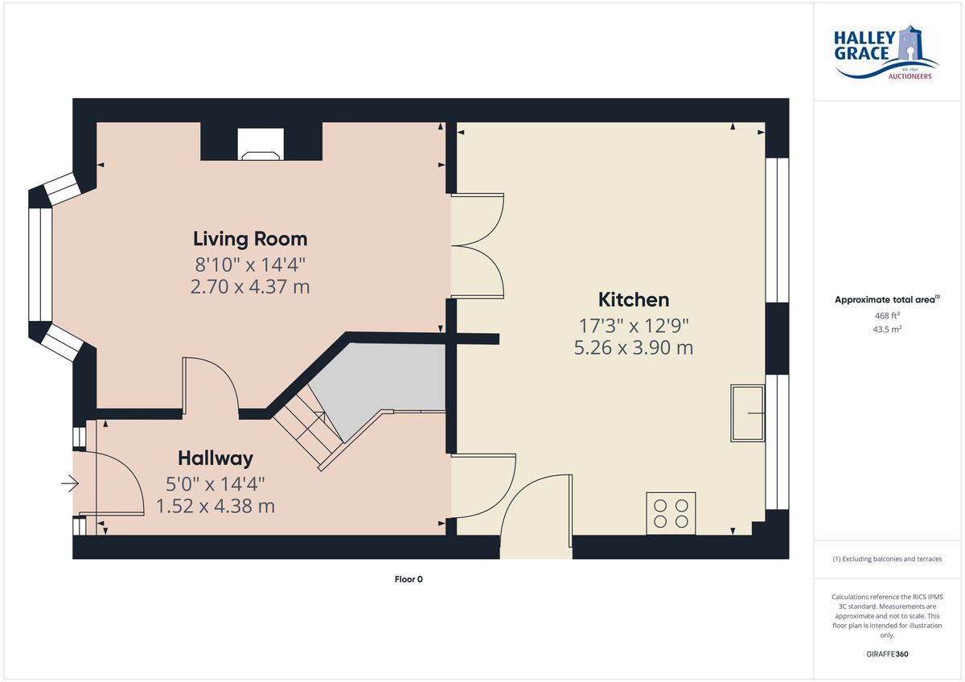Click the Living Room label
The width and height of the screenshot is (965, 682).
250,239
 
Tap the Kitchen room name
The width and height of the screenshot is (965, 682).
634,300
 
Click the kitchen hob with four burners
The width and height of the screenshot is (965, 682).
671,514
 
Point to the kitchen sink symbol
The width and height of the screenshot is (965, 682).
748,413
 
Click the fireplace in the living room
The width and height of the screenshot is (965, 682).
261,144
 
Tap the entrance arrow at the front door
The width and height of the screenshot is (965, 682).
70,483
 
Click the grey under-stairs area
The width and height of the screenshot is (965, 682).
379,384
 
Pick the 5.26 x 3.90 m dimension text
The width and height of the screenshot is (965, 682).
634,348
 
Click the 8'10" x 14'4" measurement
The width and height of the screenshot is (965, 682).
250,265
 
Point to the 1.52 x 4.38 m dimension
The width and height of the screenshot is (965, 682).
216,506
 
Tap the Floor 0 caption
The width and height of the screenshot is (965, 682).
409,580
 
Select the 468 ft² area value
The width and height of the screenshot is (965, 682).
887,316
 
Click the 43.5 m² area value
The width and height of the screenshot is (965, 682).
887,330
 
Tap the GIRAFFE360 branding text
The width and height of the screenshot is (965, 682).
887,654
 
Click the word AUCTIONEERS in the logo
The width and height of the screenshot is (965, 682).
910,76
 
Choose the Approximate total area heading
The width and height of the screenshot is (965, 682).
887,299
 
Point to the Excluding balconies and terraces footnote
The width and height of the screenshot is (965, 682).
887,559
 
